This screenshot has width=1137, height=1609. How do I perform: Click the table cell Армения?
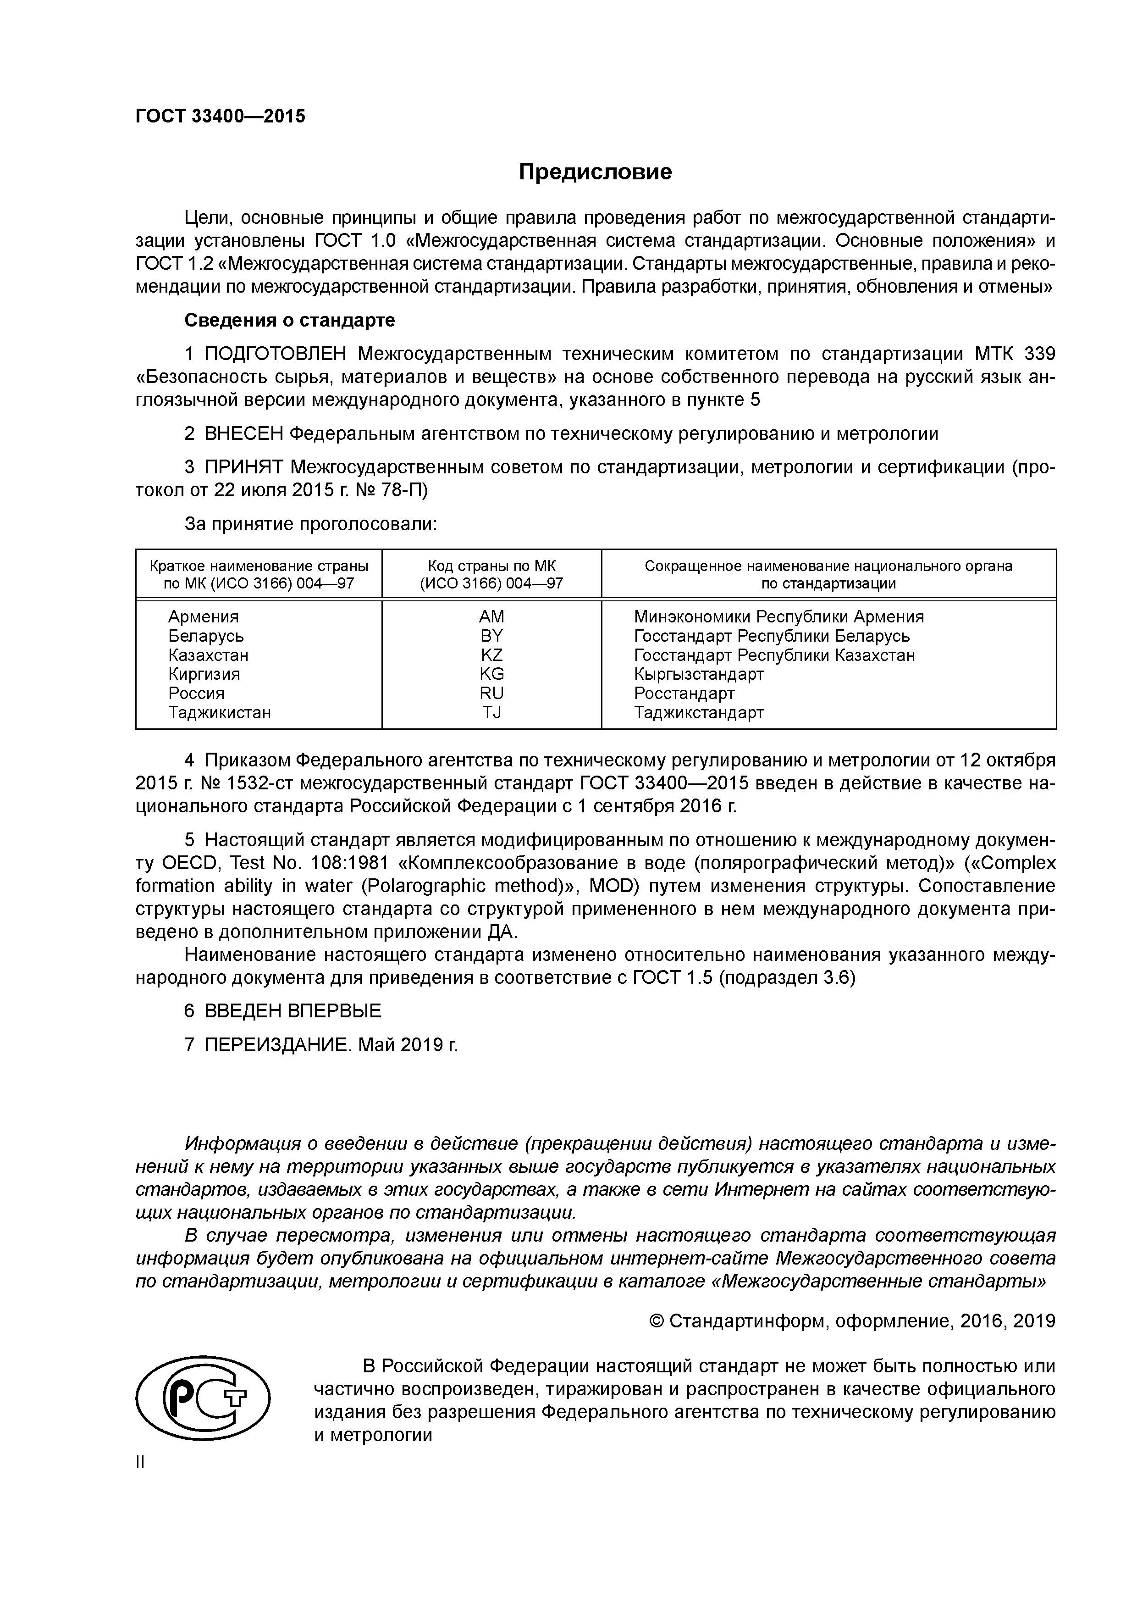[203, 617]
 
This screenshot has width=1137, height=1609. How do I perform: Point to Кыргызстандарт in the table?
[698, 674]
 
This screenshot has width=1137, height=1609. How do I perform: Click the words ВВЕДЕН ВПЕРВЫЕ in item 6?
[293, 1010]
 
